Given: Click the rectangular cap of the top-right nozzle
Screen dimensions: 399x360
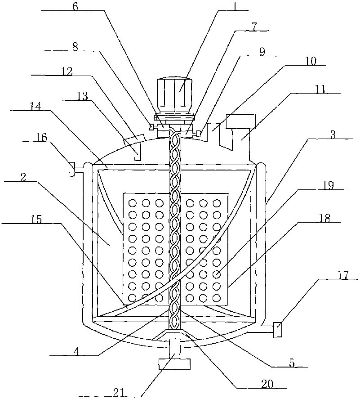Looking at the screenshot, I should pyautogui.click(x=241, y=121).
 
